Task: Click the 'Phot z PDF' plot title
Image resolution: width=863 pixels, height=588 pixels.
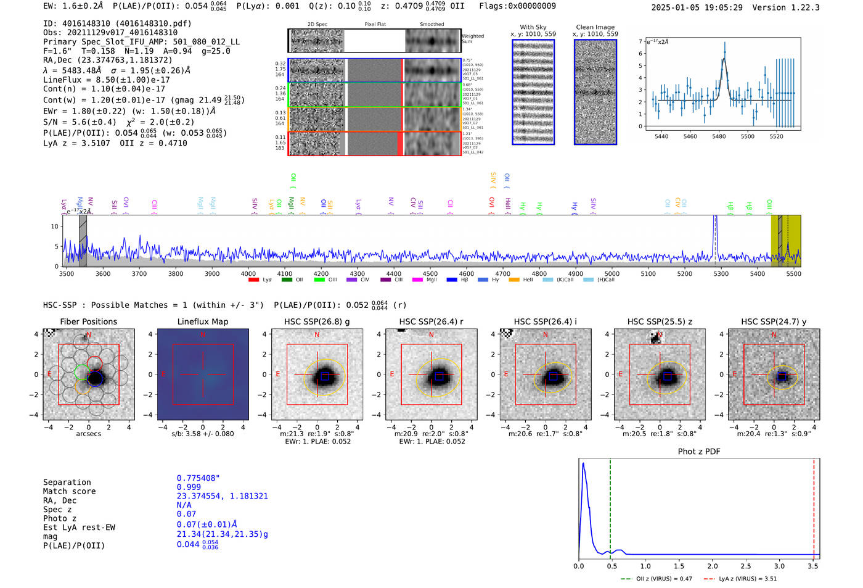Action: point(699,452)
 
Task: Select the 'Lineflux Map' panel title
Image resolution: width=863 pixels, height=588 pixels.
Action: point(203,321)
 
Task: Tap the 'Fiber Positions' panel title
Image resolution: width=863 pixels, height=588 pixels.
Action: point(88,321)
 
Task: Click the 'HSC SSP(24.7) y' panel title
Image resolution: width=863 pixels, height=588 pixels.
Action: point(774,321)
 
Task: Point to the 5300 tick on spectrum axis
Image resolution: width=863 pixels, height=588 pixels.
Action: point(721,274)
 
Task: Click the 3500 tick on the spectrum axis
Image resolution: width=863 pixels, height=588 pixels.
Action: point(67,274)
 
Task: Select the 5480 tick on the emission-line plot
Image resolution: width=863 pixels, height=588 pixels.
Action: point(719,136)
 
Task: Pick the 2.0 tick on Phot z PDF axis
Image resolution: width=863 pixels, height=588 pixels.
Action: point(713,566)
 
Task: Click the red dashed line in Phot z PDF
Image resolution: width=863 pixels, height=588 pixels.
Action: point(814,506)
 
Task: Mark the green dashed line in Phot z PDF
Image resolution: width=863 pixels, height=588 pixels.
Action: point(610,506)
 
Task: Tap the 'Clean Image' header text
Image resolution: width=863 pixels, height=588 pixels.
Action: point(595,27)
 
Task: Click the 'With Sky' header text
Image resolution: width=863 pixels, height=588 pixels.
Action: point(533,27)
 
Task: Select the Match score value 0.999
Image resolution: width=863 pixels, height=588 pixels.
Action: point(189,487)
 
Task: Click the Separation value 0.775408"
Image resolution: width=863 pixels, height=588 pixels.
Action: point(198,478)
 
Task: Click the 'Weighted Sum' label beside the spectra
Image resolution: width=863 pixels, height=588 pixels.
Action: point(473,38)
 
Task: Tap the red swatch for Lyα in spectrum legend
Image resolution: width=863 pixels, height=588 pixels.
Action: point(253,280)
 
